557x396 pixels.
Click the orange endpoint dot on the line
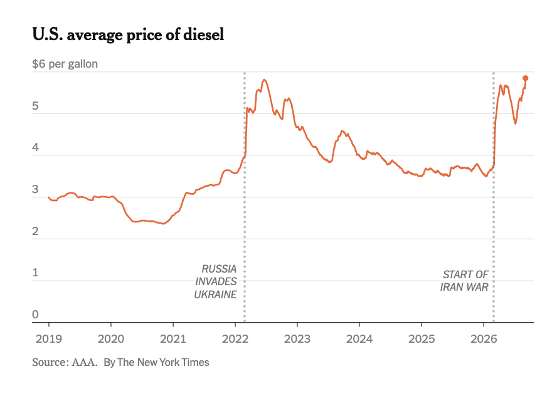[526, 78]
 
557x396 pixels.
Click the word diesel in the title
[204, 34]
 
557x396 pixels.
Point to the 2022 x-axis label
[235, 339]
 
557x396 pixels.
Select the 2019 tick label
[49, 339]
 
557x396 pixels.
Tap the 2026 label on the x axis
[484, 339]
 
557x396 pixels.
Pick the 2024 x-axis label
[359, 339]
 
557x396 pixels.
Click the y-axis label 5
[35, 106]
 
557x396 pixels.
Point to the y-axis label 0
[35, 315]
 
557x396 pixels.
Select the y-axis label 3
[35, 189]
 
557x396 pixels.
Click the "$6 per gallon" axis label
[65, 64]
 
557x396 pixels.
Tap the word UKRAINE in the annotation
[215, 294]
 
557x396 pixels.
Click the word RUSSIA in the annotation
[219, 269]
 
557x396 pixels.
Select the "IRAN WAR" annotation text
[464, 287]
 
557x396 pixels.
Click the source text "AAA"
[84, 362]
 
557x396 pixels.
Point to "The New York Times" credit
[163, 362]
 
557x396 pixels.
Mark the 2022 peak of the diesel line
[264, 80]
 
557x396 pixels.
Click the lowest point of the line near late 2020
[163, 224]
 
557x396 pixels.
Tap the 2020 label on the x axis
[111, 339]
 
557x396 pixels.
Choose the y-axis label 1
[35, 273]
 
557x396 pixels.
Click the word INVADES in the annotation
[216, 281]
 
